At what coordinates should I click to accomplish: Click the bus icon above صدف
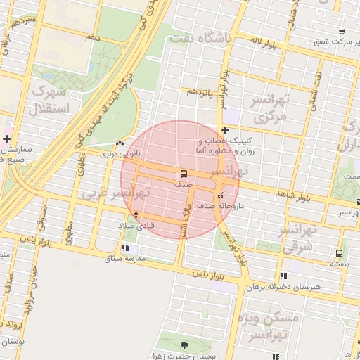[x=184, y=174]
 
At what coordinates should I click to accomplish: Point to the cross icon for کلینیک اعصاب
[x=224, y=130]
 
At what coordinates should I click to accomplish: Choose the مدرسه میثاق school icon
[x=125, y=247]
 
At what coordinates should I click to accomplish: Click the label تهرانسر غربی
[x=110, y=193]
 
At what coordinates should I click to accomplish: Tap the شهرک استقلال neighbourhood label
[x=49, y=101]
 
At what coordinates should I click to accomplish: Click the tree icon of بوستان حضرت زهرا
[x=184, y=345]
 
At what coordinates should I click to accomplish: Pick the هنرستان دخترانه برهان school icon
[x=283, y=276]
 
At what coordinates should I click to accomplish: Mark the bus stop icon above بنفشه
[x=340, y=252]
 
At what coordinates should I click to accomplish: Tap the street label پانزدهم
[x=199, y=91]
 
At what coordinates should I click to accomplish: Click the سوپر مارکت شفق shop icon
[x=341, y=32]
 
